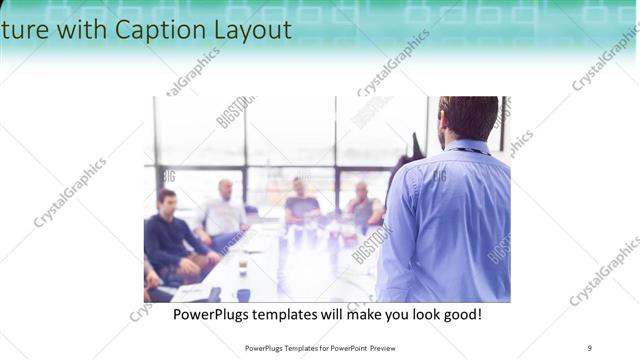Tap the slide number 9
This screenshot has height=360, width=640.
589,347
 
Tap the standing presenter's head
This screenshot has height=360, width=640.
467,118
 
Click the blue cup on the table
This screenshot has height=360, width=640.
243,294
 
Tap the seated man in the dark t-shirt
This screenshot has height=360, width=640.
299,205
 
